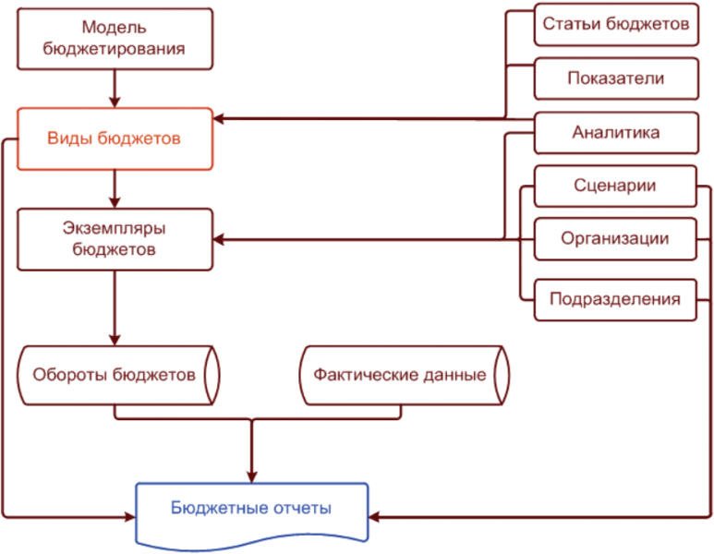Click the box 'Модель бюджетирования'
[x=115, y=39]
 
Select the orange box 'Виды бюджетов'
[x=115, y=138]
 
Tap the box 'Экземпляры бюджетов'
[x=115, y=238]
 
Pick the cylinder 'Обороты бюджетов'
[x=115, y=376]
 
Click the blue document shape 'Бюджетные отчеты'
[x=251, y=510]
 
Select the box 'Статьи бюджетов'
[x=615, y=25]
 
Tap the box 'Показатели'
[x=615, y=78]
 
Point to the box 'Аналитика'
[x=615, y=132]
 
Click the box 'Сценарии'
[x=615, y=186]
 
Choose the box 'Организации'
[x=615, y=239]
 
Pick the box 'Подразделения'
[x=615, y=299]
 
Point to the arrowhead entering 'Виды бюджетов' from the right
[x=221, y=118]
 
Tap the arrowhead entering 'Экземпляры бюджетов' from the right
[x=221, y=240]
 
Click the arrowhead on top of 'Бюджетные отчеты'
[x=251, y=475]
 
